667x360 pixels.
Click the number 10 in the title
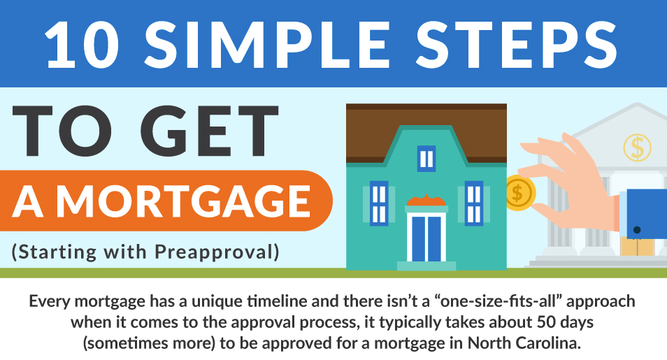coord(82,44)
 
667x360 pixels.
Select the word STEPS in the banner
coord(517,44)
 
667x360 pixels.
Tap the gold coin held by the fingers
coord(519,193)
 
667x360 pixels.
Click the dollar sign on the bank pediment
coord(637,147)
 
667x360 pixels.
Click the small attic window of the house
coord(426,159)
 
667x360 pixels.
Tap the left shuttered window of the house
coord(378,203)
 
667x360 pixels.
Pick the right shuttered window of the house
coord(473,203)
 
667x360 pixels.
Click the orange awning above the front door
coord(426,201)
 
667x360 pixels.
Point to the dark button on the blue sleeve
coord(637,230)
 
